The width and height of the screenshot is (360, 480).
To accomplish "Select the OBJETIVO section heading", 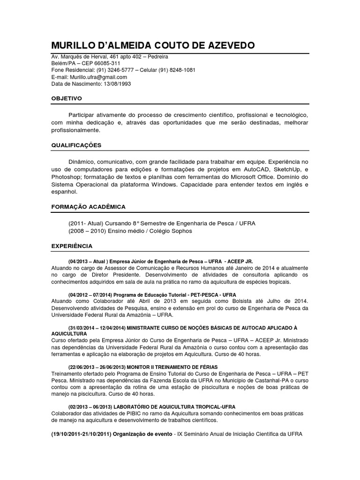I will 67,98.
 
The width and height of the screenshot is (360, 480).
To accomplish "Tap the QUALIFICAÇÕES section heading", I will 76,145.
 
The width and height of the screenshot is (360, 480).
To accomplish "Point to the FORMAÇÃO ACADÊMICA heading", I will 89,206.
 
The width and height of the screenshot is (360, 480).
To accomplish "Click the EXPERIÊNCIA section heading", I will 72,246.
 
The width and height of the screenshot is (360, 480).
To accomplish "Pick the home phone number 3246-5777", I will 125,70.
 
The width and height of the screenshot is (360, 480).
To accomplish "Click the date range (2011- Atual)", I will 85,223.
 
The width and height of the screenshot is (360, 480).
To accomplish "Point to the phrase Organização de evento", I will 141,434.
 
